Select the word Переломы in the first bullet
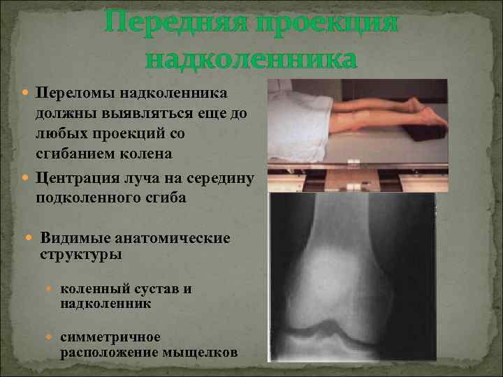point(75,94)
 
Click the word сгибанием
point(78,153)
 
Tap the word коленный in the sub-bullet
point(94,289)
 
